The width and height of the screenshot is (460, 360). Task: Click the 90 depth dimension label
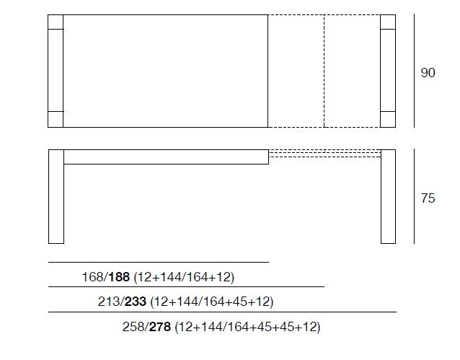[428, 73]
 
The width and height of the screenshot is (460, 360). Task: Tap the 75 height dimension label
[428, 198]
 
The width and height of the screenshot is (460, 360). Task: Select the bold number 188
[120, 277]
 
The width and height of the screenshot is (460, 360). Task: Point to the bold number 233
[136, 302]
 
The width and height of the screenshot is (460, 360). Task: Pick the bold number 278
[160, 327]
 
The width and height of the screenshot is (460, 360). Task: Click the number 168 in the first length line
[93, 277]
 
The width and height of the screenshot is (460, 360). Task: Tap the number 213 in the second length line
[109, 302]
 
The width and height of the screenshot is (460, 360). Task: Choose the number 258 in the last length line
[133, 327]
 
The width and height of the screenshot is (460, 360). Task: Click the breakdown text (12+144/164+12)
[184, 277]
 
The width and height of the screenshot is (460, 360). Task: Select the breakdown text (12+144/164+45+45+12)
[247, 327]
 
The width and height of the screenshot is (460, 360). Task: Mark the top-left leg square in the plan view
[56, 22]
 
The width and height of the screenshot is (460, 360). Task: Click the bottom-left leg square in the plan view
[56, 119]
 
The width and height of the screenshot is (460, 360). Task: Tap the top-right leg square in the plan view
[388, 22]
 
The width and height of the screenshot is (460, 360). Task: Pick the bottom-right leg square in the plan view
[388, 119]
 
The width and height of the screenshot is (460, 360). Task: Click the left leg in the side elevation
[56, 196]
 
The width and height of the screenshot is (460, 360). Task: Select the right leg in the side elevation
[388, 196]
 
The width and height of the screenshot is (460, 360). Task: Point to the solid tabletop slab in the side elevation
[166, 157]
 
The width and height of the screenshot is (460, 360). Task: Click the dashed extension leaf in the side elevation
[324, 153]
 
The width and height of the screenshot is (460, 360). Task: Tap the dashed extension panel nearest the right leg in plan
[352, 71]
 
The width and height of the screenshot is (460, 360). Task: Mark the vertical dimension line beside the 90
[415, 71]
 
